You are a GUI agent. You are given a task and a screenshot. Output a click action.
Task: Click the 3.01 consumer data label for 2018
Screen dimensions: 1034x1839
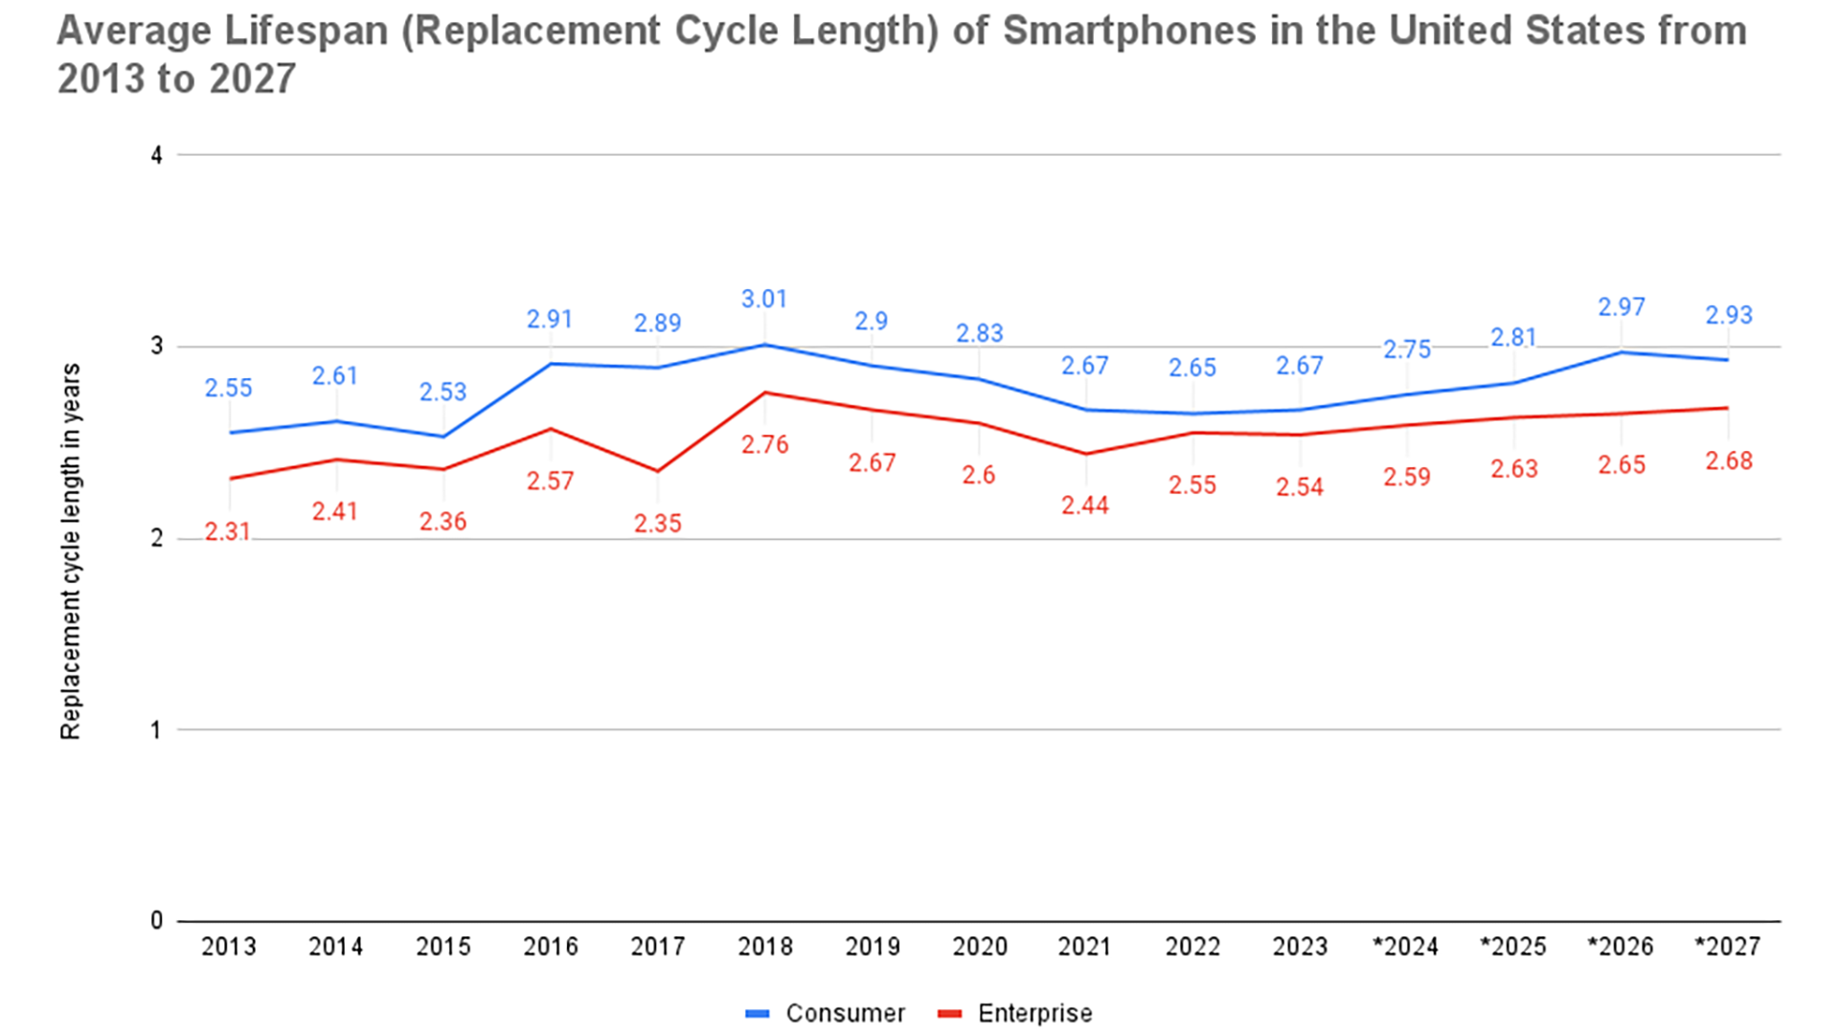pyautogui.click(x=764, y=300)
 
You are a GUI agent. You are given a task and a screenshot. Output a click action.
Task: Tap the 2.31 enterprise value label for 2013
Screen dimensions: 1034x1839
pyautogui.click(x=228, y=531)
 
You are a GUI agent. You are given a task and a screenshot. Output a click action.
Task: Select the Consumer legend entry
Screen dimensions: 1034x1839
pyautogui.click(x=826, y=1013)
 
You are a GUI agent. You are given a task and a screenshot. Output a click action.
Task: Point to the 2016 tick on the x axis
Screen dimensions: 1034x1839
pyautogui.click(x=551, y=947)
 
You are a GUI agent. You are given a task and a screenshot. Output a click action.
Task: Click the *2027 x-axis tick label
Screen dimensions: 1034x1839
pyautogui.click(x=1728, y=947)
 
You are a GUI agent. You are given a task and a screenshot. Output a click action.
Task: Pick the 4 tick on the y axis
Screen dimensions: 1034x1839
pyautogui.click(x=157, y=155)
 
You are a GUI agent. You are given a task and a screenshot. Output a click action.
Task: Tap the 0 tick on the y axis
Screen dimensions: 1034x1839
pyautogui.click(x=157, y=921)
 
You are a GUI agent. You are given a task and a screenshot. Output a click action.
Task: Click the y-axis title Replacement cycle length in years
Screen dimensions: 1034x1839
pyautogui.click(x=71, y=551)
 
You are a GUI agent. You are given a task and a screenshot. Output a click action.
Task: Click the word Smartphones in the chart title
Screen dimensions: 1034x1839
pyautogui.click(x=1129, y=32)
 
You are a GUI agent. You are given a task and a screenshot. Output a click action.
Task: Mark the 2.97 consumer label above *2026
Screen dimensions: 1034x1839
pyautogui.click(x=1622, y=307)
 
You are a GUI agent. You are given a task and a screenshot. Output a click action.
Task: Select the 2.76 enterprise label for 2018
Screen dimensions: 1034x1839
pyautogui.click(x=764, y=445)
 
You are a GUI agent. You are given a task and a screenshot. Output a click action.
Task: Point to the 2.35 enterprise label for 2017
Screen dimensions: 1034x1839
pyautogui.click(x=658, y=524)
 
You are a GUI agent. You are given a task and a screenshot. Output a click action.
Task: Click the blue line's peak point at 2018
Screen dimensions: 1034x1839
pyautogui.click(x=764, y=345)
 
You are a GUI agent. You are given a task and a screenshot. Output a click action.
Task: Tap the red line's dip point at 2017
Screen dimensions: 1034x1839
pyautogui.click(x=658, y=471)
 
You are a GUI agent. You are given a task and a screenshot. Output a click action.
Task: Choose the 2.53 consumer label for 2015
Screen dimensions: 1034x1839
pyautogui.click(x=443, y=393)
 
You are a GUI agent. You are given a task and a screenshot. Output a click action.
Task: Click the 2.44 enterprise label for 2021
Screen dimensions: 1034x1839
pyautogui.click(x=1085, y=506)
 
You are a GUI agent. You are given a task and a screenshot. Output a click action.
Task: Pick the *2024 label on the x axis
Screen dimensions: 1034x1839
pyautogui.click(x=1406, y=947)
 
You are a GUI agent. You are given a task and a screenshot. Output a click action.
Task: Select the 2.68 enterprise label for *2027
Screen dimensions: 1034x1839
pyautogui.click(x=1729, y=461)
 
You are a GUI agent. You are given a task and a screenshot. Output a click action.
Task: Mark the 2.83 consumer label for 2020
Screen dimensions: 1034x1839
pyautogui.click(x=980, y=334)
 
